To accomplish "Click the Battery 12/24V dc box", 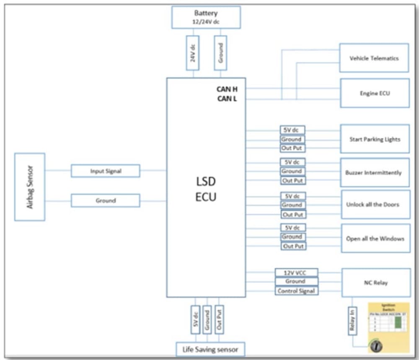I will [x=206, y=17].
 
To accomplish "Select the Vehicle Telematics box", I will [x=374, y=58].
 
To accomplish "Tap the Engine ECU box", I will [x=375, y=93].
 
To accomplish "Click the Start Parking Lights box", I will [x=375, y=139].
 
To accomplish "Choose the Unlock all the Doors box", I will [x=375, y=205].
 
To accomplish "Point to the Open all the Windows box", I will [x=375, y=238].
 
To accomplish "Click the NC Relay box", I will [x=376, y=283].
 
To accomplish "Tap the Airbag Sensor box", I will [x=30, y=187].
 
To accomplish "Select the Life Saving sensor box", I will [x=210, y=349].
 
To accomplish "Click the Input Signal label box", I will [x=106, y=171].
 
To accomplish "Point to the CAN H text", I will [x=227, y=89].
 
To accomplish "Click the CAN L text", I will [x=227, y=99].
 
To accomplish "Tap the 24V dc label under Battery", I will [x=193, y=52].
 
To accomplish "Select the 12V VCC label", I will [x=296, y=273].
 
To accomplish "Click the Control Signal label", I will [x=296, y=291].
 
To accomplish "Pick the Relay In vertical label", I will [x=353, y=321].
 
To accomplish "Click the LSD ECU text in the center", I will [x=206, y=189].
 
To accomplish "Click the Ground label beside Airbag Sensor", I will [x=106, y=201].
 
